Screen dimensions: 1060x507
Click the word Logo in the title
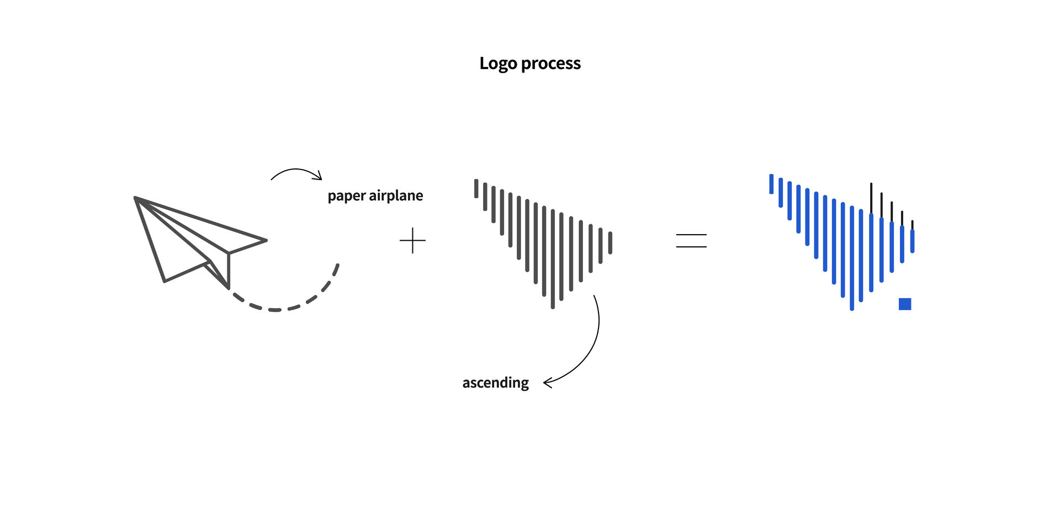(498, 64)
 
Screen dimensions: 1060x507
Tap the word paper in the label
(346, 197)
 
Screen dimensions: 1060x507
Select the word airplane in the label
(396, 196)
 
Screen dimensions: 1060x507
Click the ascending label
(495, 383)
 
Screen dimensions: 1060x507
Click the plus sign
(412, 241)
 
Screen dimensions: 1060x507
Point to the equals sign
(691, 240)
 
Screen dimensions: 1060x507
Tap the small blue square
(905, 304)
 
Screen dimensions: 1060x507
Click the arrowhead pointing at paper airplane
(317, 176)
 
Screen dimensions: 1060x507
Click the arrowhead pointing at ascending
(547, 383)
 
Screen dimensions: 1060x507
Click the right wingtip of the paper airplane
(267, 240)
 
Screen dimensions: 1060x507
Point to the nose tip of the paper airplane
(135, 198)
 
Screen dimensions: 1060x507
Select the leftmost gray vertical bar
(476, 188)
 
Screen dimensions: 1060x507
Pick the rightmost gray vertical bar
(610, 243)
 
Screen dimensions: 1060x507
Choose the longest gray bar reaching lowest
(553, 259)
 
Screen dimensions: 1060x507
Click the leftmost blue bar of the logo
(771, 184)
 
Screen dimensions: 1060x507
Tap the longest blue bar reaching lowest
(852, 258)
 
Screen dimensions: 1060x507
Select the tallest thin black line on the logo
(871, 199)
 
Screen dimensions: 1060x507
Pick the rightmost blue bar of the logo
(912, 241)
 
